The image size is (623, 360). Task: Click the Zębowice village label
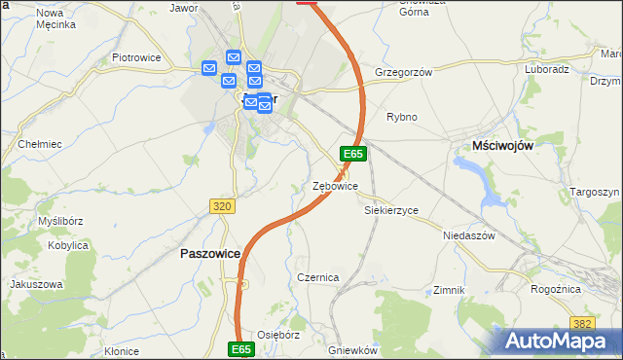[335, 186]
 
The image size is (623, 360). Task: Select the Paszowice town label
[211, 253]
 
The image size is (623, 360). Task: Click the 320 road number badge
[222, 206]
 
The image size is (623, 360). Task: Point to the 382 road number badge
[583, 323]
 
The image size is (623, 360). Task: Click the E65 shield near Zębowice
[352, 154]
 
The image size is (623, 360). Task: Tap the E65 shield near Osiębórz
[242, 348]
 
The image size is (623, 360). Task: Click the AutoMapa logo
[558, 341]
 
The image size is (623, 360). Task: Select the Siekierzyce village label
[390, 210]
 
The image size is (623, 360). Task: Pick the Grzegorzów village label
[402, 71]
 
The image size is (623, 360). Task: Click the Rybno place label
[401, 117]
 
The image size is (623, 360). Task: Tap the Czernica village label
[317, 277]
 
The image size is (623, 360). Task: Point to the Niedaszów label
[469, 235]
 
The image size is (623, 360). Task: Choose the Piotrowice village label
[135, 58]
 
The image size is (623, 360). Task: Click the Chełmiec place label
[40, 144]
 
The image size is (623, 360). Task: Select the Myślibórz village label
[59, 221]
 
